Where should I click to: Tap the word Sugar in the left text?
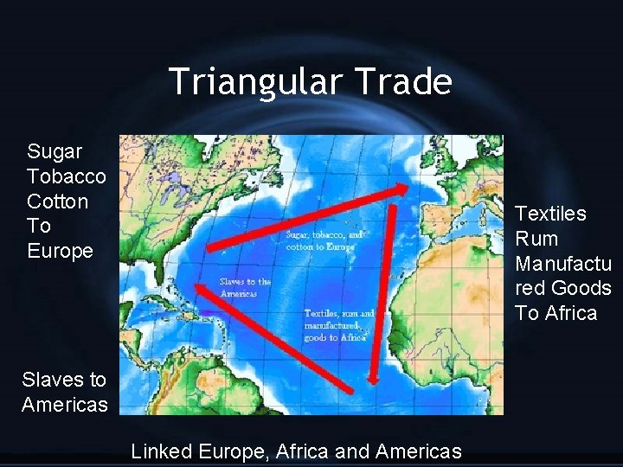(x=55, y=152)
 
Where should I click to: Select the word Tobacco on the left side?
(x=67, y=177)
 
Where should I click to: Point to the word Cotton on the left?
(x=57, y=202)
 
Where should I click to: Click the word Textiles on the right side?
(x=550, y=214)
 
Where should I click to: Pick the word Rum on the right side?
(x=536, y=239)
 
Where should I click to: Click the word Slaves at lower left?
(x=51, y=380)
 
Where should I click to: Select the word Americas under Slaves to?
(x=65, y=405)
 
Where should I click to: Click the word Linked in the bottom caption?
(x=161, y=451)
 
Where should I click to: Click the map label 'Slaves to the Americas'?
(x=245, y=287)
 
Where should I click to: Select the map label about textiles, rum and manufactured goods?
(x=339, y=325)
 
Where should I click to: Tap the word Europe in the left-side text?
(x=60, y=252)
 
